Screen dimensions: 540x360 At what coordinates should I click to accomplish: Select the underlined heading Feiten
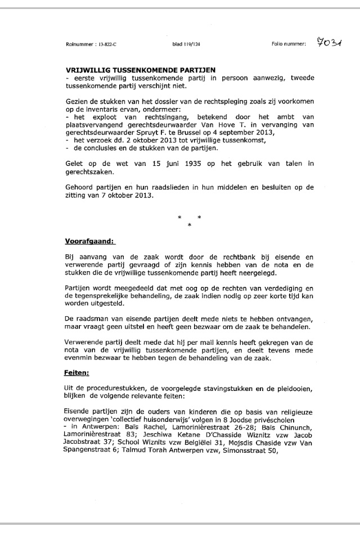tap(78, 372)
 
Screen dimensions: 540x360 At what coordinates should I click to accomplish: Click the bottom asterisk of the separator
tap(189, 225)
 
